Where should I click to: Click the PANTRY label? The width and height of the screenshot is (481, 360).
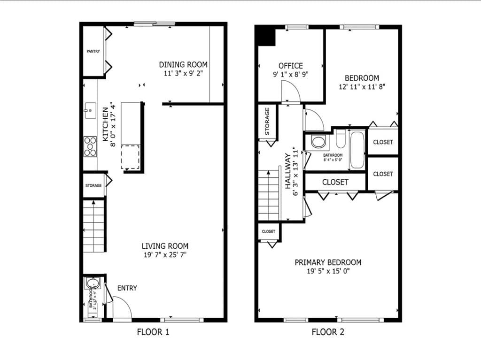[93, 51]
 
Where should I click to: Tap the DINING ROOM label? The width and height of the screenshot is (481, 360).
[183, 65]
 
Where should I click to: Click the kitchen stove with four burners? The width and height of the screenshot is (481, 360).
[90, 146]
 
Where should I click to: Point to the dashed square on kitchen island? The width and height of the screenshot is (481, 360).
[131, 156]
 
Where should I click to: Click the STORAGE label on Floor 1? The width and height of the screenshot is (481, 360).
[93, 186]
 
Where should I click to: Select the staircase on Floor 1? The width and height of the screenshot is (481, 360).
[93, 225]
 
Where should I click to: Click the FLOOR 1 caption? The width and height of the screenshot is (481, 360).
[153, 332]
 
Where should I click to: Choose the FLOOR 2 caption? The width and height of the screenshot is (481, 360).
[328, 332]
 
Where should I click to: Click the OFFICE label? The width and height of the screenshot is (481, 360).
[291, 66]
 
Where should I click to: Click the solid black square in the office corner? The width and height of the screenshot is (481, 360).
[266, 36]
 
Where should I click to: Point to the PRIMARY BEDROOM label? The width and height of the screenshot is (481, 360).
[328, 262]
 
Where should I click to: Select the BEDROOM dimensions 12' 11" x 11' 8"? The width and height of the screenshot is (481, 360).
[362, 87]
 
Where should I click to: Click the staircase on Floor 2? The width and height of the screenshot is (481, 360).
[269, 195]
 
